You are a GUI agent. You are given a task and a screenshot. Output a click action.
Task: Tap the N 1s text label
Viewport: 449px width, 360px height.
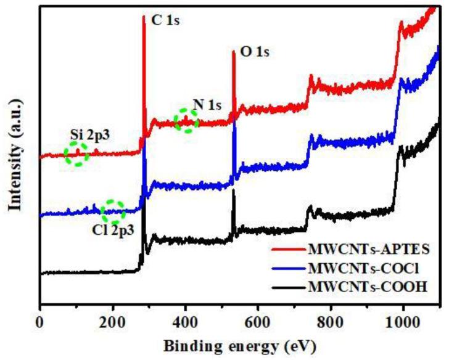click(207, 104)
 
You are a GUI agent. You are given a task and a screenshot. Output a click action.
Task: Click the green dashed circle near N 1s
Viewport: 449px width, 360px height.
click(186, 121)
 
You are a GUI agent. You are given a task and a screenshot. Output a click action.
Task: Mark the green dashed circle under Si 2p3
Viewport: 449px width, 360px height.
click(76, 153)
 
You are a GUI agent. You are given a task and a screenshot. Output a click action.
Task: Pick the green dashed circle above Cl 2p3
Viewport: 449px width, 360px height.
click(113, 211)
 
